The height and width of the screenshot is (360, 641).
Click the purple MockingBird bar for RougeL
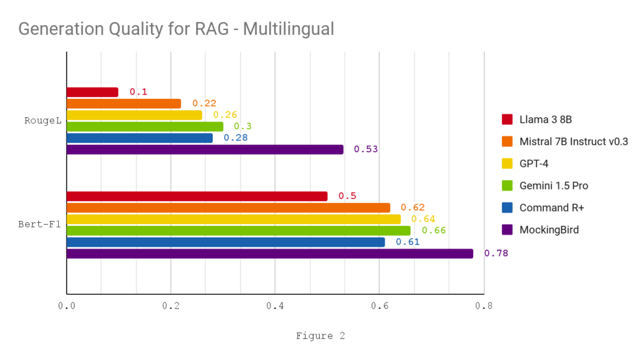(x=205, y=150)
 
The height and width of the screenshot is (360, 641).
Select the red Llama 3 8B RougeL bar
(x=92, y=92)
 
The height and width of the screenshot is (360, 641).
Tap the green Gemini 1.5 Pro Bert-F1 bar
(x=238, y=230)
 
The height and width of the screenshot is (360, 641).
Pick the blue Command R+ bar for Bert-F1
(x=225, y=242)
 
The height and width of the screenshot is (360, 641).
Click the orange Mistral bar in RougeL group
(x=123, y=103)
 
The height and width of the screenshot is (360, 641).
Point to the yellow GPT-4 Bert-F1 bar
(x=233, y=219)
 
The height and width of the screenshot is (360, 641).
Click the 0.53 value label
(x=366, y=150)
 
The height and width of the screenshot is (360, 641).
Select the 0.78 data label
(x=496, y=254)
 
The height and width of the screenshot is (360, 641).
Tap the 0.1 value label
(x=138, y=92)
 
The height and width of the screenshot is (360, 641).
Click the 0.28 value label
(x=235, y=138)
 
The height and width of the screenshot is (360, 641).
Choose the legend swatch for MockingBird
(x=507, y=230)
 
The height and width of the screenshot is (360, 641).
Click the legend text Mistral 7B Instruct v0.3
(x=573, y=141)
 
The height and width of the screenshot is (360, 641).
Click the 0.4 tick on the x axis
(x=275, y=307)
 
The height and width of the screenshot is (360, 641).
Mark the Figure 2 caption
(x=320, y=336)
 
